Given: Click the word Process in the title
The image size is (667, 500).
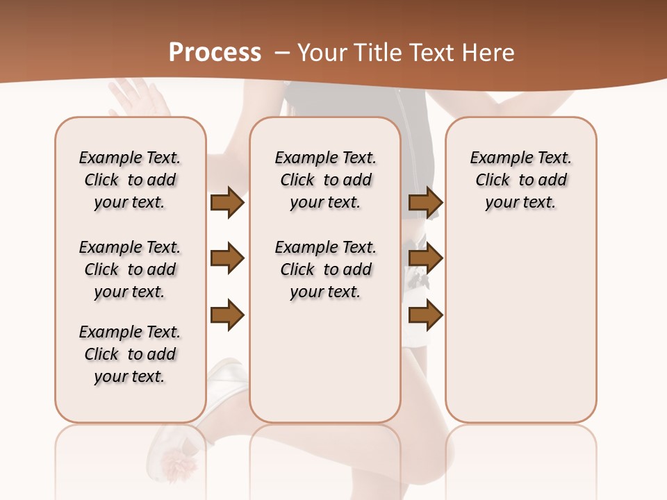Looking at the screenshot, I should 215,53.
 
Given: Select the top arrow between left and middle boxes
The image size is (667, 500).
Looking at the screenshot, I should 227,202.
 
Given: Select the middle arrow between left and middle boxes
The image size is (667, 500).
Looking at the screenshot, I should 227,259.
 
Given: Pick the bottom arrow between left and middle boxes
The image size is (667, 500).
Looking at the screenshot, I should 227,315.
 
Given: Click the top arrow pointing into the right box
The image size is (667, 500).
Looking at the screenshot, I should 425,202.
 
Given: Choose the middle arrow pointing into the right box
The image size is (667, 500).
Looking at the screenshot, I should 425,259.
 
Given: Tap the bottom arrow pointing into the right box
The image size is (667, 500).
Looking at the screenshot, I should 425,315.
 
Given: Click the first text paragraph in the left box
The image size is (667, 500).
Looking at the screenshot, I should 130,180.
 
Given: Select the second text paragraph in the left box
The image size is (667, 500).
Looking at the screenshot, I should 130,269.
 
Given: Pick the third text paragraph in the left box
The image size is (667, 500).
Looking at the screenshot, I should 130,354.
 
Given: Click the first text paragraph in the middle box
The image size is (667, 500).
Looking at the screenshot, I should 325,180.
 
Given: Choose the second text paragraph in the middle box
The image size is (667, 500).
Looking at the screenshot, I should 325,269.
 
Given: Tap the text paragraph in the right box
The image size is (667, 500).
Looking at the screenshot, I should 521,180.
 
